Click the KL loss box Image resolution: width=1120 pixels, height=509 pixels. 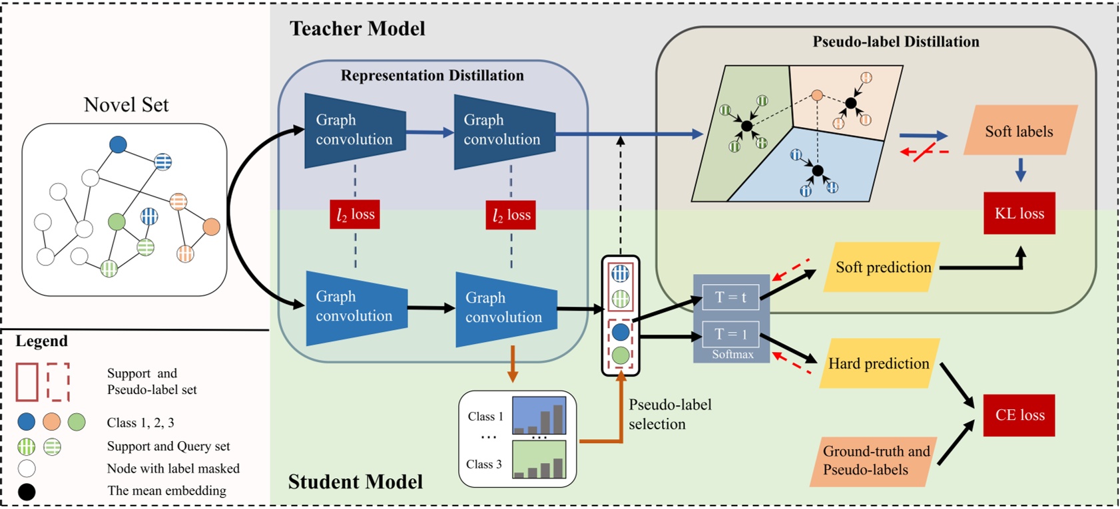coord(1019,214)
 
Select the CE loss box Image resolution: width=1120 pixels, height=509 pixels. coord(1019,415)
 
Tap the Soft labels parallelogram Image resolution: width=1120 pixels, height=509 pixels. coord(1019,131)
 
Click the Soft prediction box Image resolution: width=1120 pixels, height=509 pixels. coord(882,267)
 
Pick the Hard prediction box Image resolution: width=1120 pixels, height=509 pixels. coord(878,364)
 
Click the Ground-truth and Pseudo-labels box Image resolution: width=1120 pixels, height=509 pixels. coord(874,460)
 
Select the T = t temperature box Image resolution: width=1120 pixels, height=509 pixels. coord(730,297)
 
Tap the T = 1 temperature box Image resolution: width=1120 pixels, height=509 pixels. coord(730,334)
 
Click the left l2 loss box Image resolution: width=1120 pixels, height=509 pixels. coord(355,214)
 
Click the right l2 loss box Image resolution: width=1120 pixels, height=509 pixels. coord(511,215)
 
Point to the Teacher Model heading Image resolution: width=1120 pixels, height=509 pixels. coord(357,29)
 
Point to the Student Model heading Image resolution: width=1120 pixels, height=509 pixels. coord(355,482)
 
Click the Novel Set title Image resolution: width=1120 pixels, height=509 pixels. coord(126,104)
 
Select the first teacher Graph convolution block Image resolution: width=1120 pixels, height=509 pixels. coord(354,130)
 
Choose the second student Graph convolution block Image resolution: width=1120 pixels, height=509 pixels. coord(505,308)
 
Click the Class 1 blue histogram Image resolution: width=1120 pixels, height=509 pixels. coord(539,416)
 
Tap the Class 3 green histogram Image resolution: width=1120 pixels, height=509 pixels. coord(539,460)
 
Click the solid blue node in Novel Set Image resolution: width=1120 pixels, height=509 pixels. coord(118,144)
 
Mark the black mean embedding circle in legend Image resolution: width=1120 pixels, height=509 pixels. coord(27,492)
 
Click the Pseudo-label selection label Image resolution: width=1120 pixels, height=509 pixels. coord(669,414)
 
